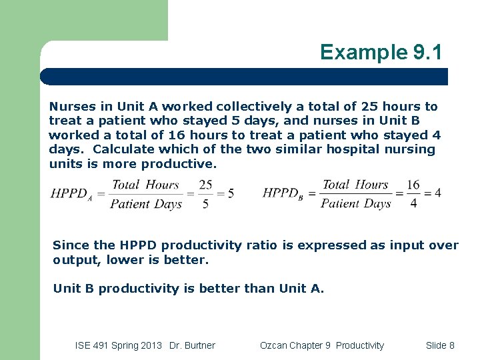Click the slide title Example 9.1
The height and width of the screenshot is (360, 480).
[x=381, y=52]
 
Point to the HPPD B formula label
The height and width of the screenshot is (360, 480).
[x=283, y=194]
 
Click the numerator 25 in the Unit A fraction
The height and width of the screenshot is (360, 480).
[x=205, y=185]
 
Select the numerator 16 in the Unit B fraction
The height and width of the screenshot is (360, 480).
[x=413, y=185]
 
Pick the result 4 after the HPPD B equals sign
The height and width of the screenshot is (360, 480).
[x=438, y=193]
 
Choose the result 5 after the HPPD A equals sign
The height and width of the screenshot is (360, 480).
[x=231, y=193]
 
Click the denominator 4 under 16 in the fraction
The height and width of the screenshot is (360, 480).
[x=413, y=203]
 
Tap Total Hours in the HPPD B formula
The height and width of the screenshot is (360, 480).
[x=355, y=185]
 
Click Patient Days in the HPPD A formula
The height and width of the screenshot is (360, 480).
[x=146, y=204]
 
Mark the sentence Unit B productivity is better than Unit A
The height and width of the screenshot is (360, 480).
[x=188, y=289]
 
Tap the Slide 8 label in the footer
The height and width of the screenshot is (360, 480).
[x=440, y=345]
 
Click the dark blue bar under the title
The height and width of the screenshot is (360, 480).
[x=244, y=77]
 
